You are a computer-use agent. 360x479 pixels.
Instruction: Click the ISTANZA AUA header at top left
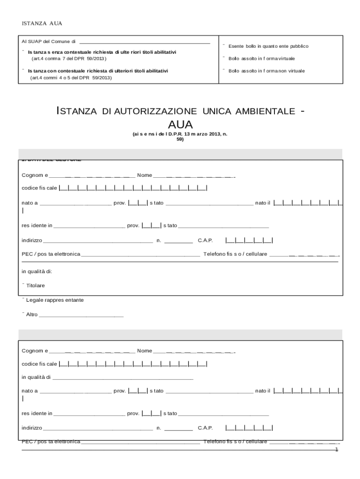[x=42, y=23]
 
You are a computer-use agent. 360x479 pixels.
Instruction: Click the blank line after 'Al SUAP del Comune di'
[x=145, y=42]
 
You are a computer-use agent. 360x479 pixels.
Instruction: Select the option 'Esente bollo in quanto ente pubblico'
[x=224, y=45]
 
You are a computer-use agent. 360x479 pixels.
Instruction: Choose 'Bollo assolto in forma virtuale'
[x=224, y=58]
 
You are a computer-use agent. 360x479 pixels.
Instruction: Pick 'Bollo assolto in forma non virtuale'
[x=224, y=70]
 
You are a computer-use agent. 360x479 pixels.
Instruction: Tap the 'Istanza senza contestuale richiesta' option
[x=23, y=51]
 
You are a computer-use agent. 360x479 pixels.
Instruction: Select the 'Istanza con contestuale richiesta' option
[x=23, y=70]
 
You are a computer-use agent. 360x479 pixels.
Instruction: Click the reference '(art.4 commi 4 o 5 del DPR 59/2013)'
[x=71, y=78]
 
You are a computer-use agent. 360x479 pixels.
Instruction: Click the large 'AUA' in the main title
[x=180, y=124]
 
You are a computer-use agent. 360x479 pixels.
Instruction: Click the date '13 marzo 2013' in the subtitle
[x=199, y=134]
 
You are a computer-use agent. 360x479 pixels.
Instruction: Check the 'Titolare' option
[x=23, y=285]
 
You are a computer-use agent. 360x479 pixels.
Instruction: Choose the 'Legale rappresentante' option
[x=23, y=299]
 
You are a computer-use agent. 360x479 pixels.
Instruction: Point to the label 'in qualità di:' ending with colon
[x=36, y=271]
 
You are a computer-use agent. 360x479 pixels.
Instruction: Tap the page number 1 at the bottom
[x=336, y=450]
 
